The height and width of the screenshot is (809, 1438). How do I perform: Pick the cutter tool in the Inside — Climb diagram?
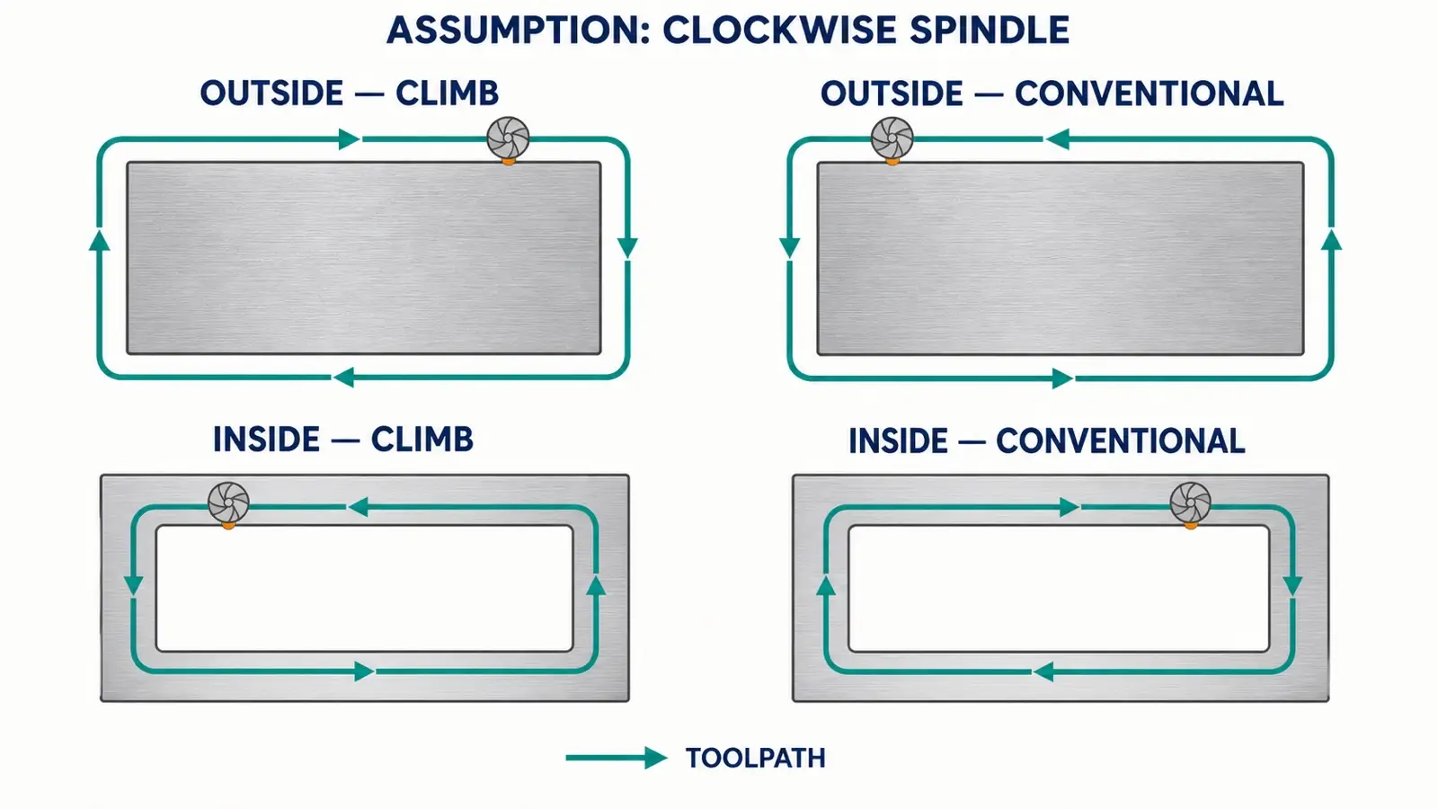[x=228, y=503]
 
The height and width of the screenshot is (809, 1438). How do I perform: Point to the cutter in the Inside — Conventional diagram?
[x=1190, y=503]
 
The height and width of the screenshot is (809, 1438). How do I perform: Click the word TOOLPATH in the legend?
[x=756, y=759]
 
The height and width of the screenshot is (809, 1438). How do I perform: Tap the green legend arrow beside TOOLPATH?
[x=617, y=759]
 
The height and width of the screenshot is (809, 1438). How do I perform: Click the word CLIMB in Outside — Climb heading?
[x=447, y=93]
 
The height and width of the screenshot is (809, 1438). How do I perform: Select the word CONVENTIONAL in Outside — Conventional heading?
[x=1150, y=93]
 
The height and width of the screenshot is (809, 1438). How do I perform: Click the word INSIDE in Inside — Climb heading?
[x=266, y=440]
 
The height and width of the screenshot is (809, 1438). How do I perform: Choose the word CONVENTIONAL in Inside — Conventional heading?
[x=1120, y=441]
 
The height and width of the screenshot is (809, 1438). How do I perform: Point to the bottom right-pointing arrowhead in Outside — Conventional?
[x=1062, y=378]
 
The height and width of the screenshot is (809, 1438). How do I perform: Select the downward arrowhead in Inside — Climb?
[x=133, y=585]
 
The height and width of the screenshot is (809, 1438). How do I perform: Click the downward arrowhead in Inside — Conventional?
[x=1292, y=585]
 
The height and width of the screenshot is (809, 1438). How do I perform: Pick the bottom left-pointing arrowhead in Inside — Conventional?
[x=1043, y=672]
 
